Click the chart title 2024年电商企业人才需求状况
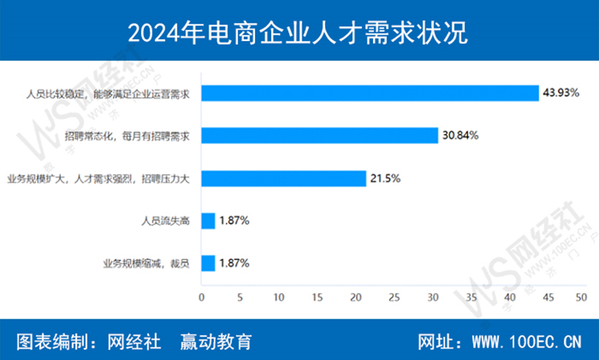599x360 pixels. [299, 31]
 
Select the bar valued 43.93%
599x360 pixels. [370, 93]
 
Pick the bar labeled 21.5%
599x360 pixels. [283, 178]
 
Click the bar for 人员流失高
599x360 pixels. [208, 221]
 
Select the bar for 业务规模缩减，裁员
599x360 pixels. [208, 263]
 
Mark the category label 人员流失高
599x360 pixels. [166, 222]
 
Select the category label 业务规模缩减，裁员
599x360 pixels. [145, 264]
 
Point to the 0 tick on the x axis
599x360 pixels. [202, 297]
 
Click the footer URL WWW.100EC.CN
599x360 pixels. [526, 341]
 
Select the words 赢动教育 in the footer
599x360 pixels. [215, 341]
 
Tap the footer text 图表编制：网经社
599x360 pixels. [88, 341]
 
